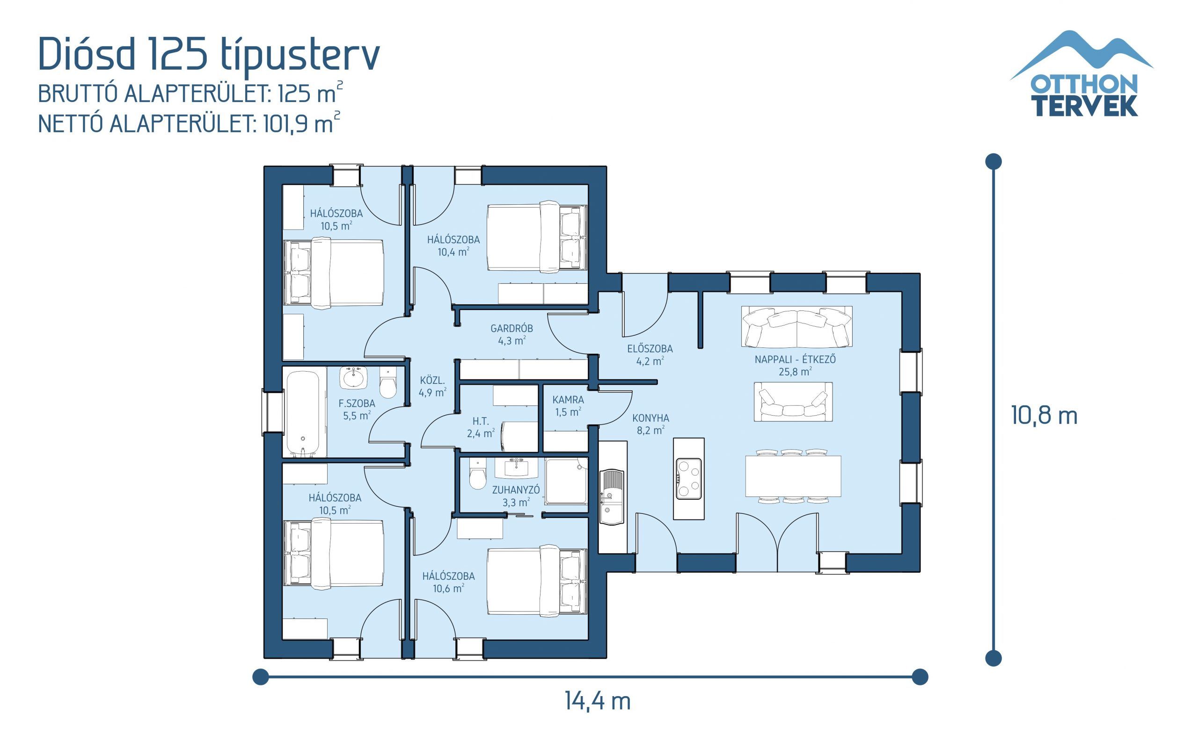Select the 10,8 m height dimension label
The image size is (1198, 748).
click(1044, 415)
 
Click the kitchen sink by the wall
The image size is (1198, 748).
click(612, 496)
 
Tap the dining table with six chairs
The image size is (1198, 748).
click(793, 476)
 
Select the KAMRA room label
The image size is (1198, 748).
click(568, 405)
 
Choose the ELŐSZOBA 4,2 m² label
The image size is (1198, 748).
click(650, 355)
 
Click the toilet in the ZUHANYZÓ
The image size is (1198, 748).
click(478, 475)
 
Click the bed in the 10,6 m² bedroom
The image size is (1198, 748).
click(537, 581)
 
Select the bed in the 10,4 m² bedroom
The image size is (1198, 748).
click(537, 237)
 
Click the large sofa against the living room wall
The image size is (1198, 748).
click(796, 326)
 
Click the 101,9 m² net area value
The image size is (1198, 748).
click(300, 123)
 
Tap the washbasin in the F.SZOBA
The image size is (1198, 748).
click(353, 378)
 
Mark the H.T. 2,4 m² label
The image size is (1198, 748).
click(480, 427)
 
